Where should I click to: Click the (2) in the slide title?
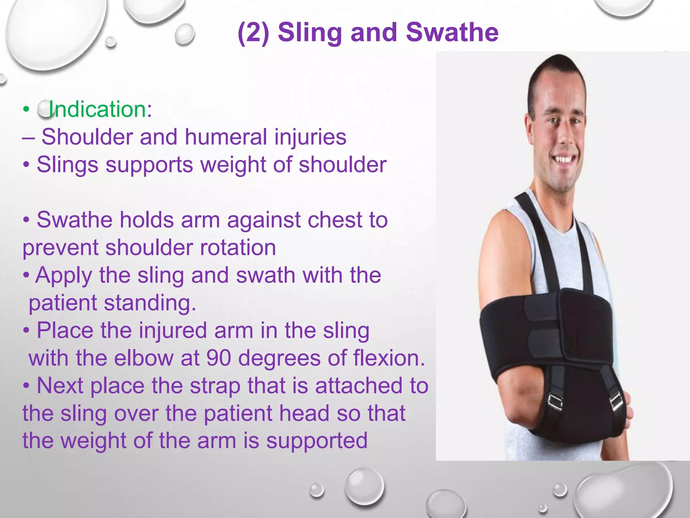pos(253,33)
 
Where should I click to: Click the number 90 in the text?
pos(218,358)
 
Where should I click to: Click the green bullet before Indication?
pos(26,109)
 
